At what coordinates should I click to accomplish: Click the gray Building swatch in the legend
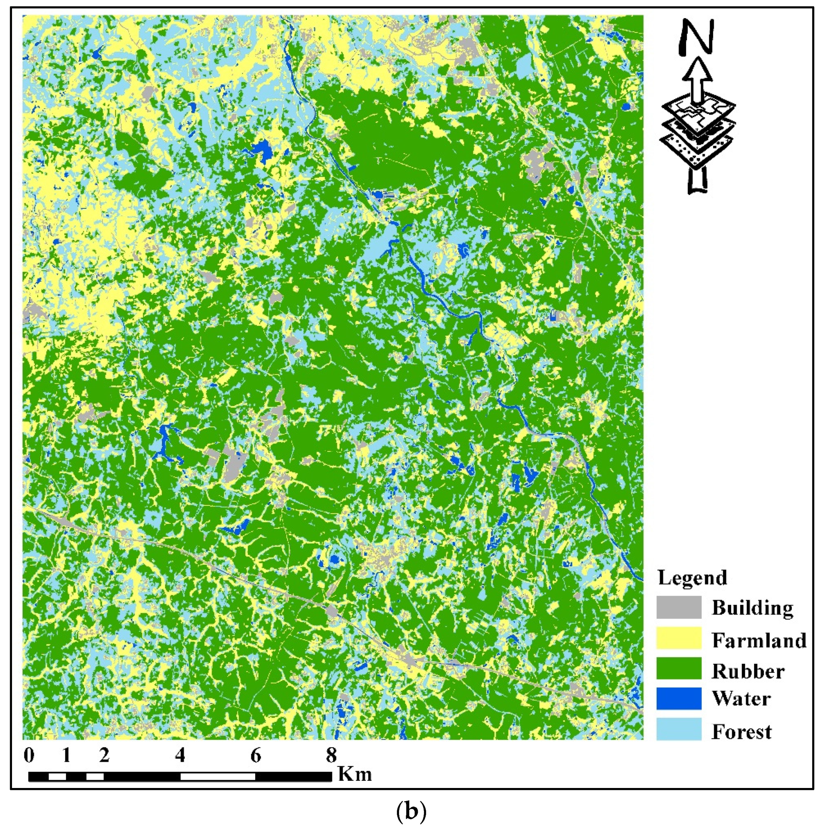[679, 607]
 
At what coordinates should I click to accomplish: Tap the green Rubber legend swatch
[679, 668]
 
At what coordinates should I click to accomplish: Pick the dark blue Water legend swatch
[679, 698]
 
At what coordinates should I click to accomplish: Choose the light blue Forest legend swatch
[679, 729]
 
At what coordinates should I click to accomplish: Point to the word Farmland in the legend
[759, 640]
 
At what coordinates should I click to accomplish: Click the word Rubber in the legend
[748, 671]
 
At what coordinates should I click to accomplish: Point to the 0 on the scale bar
[29, 755]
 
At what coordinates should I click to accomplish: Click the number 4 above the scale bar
[180, 755]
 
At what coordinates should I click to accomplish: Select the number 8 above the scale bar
[331, 755]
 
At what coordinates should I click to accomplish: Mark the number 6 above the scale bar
[256, 755]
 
